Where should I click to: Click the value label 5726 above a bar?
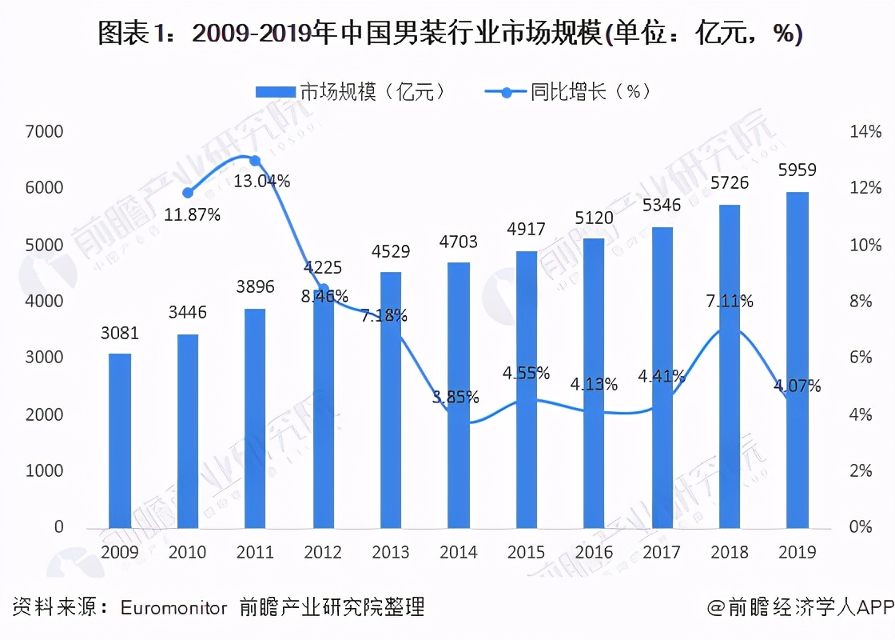pos(730,183)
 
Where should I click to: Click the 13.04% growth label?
pos(262,182)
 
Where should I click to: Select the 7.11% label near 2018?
pos(730,302)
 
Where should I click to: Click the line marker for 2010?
pos(188,192)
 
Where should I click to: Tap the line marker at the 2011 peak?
pos(255,161)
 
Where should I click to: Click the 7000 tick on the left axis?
pos(48,131)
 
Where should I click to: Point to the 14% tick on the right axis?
pos(865,131)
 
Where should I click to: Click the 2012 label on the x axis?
pos(323,552)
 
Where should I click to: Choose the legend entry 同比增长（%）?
pos(569,91)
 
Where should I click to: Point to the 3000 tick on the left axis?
pos(48,358)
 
